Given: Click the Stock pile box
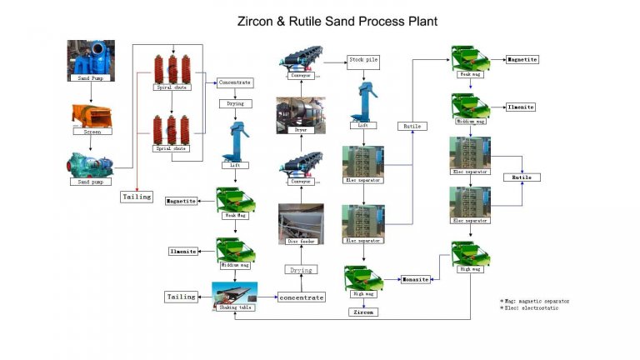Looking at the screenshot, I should point(363,61).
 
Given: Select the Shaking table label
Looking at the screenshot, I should point(234,307).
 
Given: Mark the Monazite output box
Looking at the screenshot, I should point(415,279).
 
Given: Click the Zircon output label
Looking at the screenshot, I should point(363,312).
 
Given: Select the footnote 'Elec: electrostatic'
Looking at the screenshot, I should point(529,308).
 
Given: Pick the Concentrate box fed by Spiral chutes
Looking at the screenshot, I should point(234,83).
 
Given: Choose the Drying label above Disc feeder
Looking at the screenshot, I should point(300,270).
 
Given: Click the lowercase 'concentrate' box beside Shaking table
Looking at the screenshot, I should point(300,297).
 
